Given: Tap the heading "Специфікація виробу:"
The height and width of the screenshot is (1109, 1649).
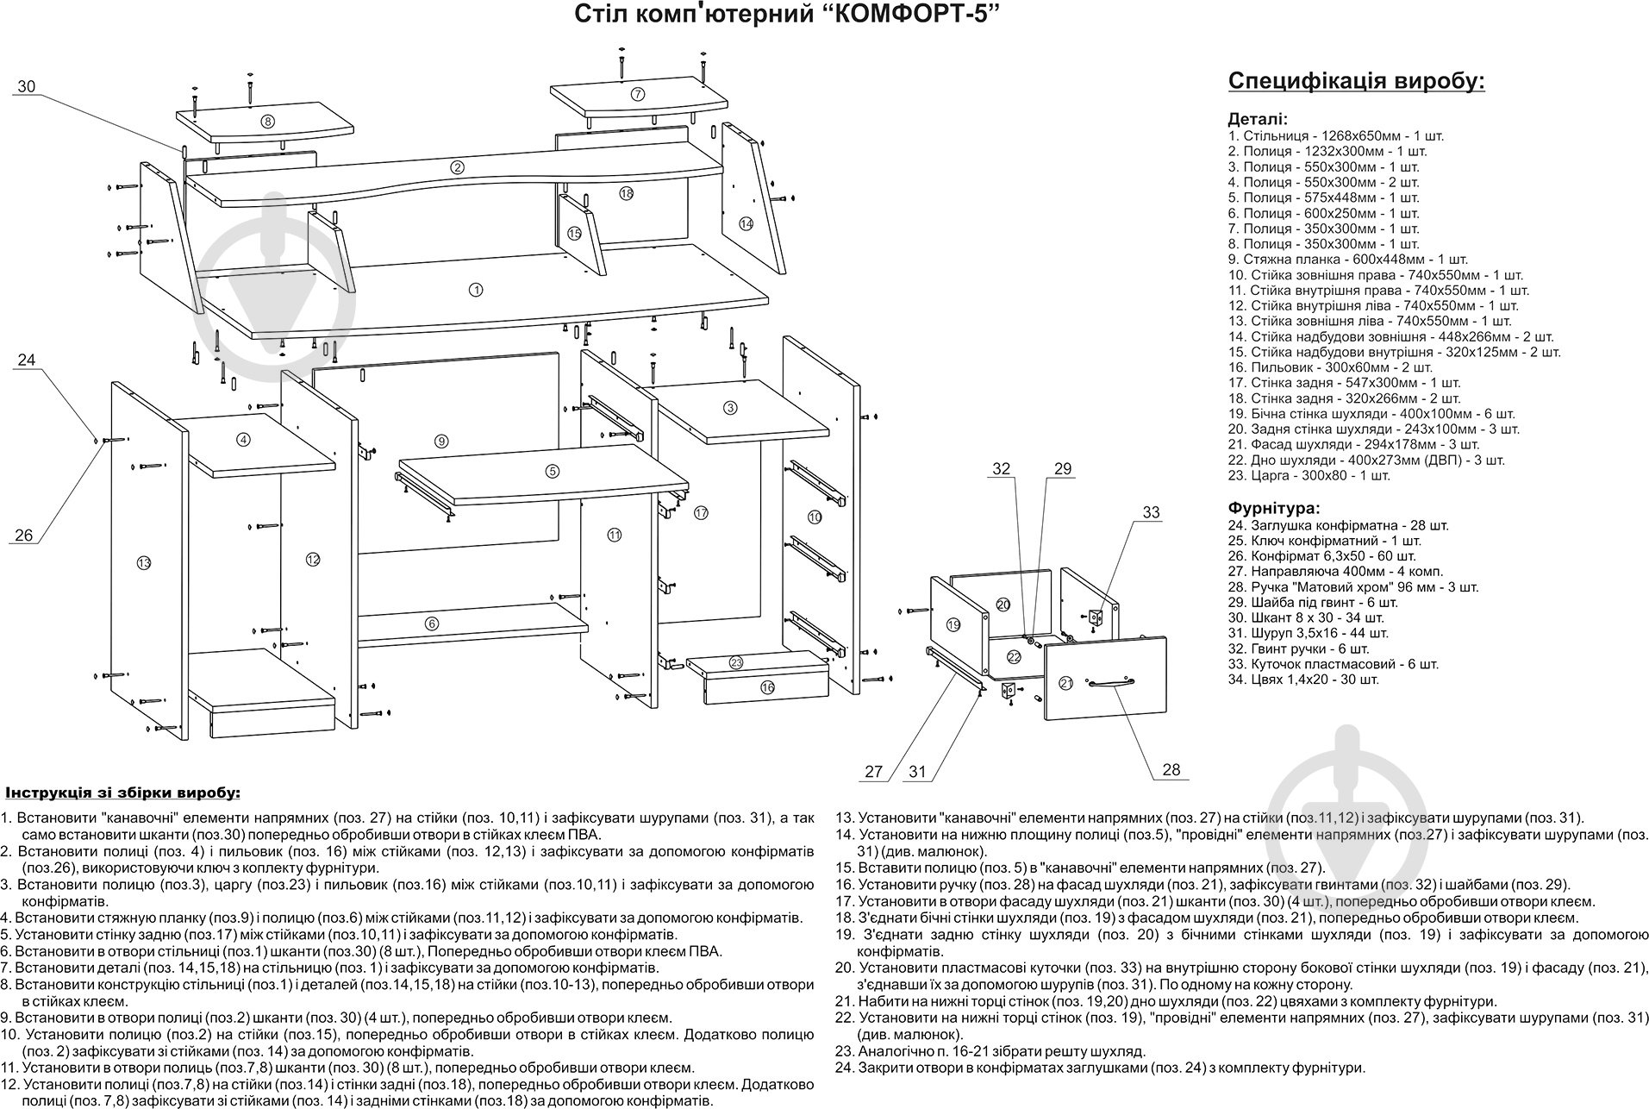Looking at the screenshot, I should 1356,82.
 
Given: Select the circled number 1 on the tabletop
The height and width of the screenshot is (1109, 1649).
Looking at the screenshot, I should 476,290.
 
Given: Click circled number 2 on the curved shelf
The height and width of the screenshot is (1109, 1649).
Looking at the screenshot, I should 458,167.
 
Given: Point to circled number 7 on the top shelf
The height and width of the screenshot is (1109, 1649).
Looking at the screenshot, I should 638,94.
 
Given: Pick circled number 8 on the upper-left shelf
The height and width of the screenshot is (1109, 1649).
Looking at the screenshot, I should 268,122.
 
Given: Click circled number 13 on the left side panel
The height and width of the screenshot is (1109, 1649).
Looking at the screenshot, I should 143,563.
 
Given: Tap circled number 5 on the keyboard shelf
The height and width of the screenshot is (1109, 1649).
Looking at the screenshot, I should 553,471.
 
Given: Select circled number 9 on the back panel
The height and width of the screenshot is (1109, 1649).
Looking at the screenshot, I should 441,442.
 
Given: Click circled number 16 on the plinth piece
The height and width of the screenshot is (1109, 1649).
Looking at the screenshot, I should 767,687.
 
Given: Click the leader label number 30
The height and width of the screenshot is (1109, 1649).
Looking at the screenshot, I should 27,86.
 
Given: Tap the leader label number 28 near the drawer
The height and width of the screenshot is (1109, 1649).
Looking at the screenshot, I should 1171,770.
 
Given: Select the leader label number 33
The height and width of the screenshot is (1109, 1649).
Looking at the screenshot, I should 1152,512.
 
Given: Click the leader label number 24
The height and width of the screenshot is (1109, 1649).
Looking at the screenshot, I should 27,360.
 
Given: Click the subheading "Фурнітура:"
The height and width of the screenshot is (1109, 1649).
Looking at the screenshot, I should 1273,509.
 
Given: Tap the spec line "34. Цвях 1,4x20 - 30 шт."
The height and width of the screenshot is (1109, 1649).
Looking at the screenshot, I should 1303,680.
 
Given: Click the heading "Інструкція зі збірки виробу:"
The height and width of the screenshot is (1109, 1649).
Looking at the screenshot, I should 123,792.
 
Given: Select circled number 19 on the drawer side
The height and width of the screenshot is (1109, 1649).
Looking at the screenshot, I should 953,623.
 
